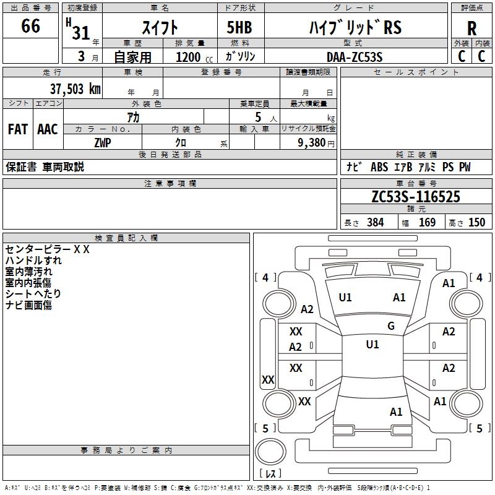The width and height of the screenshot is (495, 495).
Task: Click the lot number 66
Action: click(x=31, y=27)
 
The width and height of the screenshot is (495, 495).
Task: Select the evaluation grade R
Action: click(x=471, y=28)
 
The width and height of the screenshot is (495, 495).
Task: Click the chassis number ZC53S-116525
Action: click(x=416, y=197)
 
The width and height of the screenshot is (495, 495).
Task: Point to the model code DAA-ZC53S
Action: click(x=355, y=57)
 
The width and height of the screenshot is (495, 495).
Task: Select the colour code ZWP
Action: click(x=103, y=143)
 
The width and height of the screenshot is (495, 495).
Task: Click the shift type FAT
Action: click(x=18, y=129)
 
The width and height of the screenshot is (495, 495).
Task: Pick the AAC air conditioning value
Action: click(x=48, y=129)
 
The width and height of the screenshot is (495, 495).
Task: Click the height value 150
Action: click(x=476, y=223)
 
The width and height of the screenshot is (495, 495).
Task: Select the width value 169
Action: click(x=427, y=223)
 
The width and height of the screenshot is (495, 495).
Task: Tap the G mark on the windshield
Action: click(x=390, y=326)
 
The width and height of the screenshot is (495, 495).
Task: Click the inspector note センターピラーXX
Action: click(x=48, y=249)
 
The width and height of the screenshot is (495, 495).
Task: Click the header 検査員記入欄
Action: click(x=126, y=238)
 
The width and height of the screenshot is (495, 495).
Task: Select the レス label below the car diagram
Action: click(x=270, y=474)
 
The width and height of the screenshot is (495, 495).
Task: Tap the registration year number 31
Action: click(x=81, y=32)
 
